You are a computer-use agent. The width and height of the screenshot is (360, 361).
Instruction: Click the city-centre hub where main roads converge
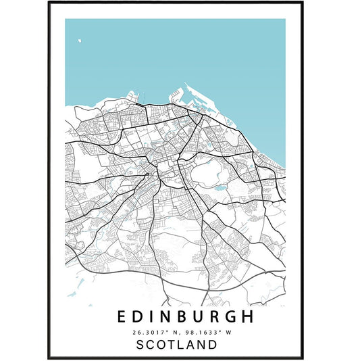[161, 169]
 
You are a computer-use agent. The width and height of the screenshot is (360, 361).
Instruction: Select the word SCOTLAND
[177, 344]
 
